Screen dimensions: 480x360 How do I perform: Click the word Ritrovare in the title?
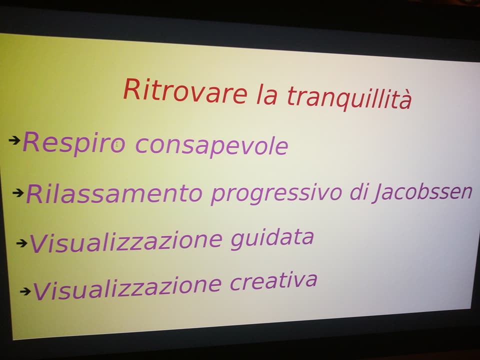coord(185,90)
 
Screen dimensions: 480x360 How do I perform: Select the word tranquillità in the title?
coord(349,97)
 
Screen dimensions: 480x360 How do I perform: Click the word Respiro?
coord(74,142)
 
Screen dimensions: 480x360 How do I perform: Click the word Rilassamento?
coord(114,194)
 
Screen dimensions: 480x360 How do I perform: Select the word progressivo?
coord(276,194)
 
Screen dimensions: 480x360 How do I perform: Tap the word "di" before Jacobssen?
coord(360,191)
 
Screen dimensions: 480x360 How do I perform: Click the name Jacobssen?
coord(423,192)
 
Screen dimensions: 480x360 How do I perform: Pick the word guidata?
coord(272,239)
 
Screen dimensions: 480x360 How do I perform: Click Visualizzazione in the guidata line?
coord(126,242)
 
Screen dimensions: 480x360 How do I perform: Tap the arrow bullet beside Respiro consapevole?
coord(14,140)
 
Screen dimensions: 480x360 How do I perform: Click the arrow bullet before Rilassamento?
coord(18,193)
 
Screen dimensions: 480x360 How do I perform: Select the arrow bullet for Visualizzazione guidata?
coord(21,243)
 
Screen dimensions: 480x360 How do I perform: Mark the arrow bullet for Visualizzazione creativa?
coord(25,291)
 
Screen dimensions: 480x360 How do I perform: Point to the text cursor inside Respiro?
coord(116,143)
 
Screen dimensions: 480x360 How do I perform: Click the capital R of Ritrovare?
coord(131,89)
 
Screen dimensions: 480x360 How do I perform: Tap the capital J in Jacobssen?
coord(378,193)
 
